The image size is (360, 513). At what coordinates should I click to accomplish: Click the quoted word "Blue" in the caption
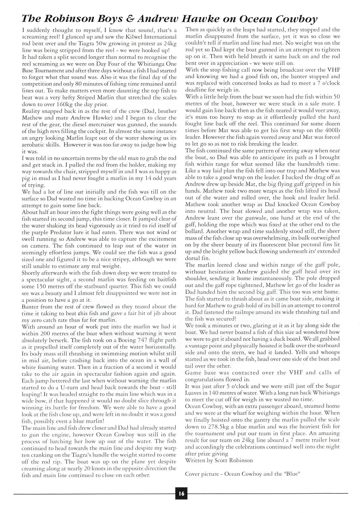click(292, 474)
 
